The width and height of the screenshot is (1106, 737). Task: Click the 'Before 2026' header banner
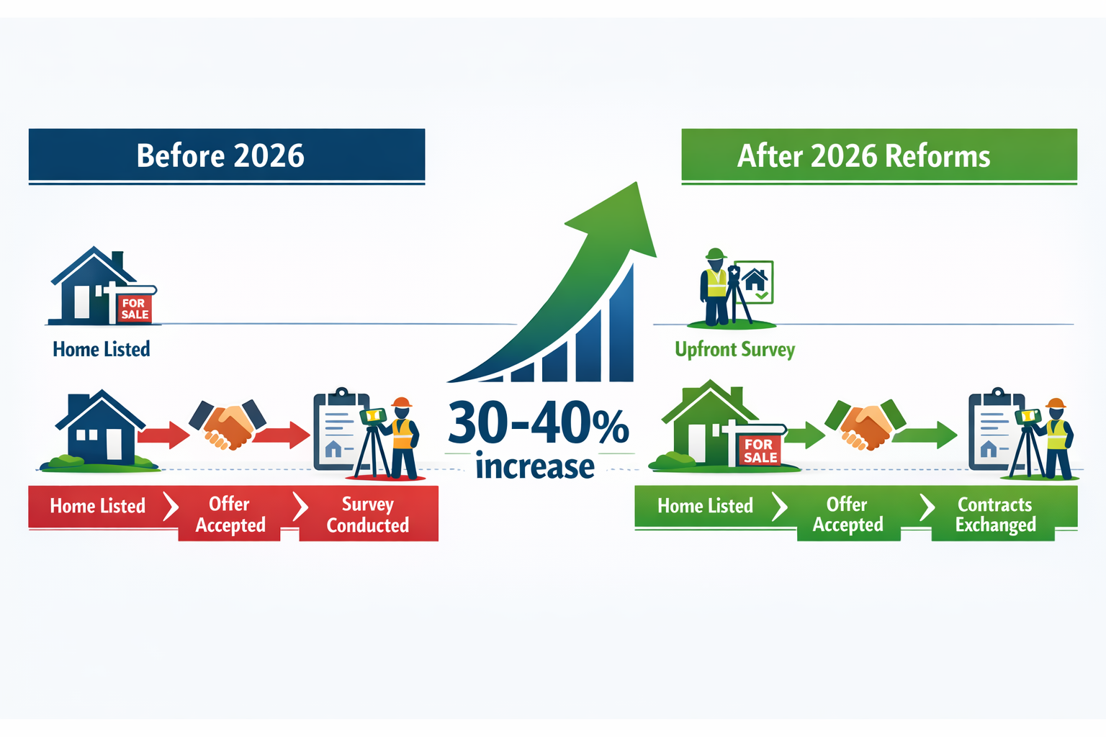pyautogui.click(x=226, y=155)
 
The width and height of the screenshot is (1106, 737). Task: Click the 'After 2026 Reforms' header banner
pyautogui.click(x=878, y=155)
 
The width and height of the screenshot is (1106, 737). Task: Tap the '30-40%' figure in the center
pyautogui.click(x=539, y=423)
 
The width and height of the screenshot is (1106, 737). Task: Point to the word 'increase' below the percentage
pyautogui.click(x=535, y=467)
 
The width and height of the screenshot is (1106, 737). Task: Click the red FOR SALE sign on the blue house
pyautogui.click(x=134, y=309)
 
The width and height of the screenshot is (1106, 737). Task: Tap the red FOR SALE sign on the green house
pyautogui.click(x=760, y=451)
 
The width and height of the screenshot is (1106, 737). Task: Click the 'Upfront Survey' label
pyautogui.click(x=734, y=350)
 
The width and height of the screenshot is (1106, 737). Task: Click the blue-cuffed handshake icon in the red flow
pyautogui.click(x=228, y=423)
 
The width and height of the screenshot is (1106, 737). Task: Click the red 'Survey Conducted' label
pyautogui.click(x=368, y=514)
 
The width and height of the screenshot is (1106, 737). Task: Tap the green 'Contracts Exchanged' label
pyautogui.click(x=995, y=514)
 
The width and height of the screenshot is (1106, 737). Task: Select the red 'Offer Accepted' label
pyautogui.click(x=230, y=514)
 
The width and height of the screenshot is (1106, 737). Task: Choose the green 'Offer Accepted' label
pyautogui.click(x=848, y=514)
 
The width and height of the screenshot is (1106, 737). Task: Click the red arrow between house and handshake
pyautogui.click(x=163, y=434)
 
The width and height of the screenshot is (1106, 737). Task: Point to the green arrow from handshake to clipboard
pyautogui.click(x=926, y=434)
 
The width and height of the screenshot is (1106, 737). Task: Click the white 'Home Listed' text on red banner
pyautogui.click(x=98, y=506)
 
